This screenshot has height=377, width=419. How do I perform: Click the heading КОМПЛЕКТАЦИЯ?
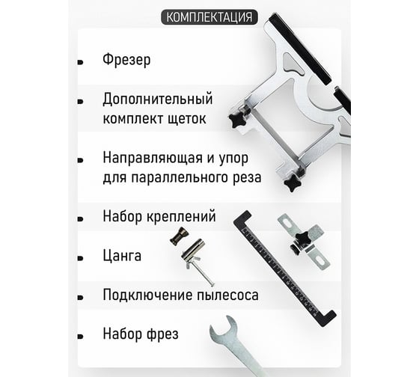209,17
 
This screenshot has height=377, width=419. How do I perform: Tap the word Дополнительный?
158,99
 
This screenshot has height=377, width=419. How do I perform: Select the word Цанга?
123,257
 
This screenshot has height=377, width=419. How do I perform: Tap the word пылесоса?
227,295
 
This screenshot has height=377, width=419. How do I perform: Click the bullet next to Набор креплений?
80,218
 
